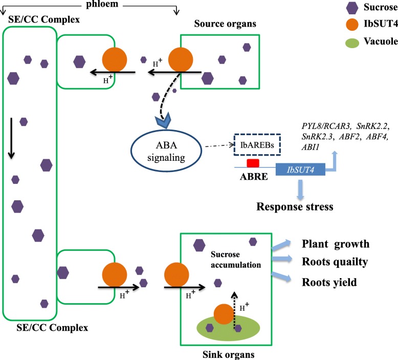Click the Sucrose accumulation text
(236, 260)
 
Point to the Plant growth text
(335, 243)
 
